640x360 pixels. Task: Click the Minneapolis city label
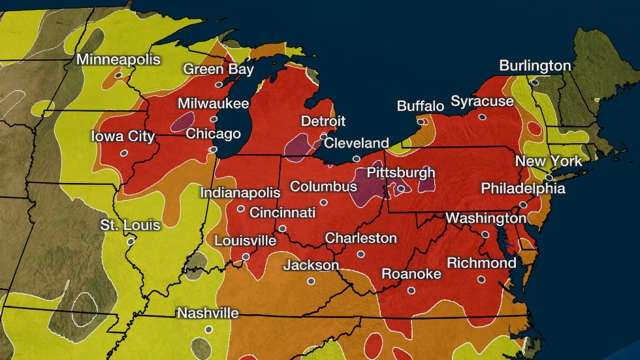click(x=118, y=59)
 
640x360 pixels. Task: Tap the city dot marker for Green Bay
click(x=219, y=84)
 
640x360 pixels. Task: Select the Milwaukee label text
click(x=214, y=104)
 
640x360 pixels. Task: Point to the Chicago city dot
click(x=212, y=150)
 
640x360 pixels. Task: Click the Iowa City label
click(x=123, y=137)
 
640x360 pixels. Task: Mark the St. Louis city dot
click(x=131, y=241)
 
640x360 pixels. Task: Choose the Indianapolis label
click(x=240, y=193)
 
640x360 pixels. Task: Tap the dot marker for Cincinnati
click(x=282, y=229)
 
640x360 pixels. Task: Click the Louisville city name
click(x=245, y=240)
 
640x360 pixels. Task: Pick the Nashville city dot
click(x=208, y=329)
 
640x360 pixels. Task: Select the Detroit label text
click(x=323, y=121)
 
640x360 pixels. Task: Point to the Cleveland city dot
click(x=356, y=159)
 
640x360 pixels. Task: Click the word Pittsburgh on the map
click(x=400, y=172)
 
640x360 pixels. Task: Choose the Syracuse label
click(x=482, y=101)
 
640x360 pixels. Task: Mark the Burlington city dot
click(x=534, y=82)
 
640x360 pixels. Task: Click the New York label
click(x=548, y=161)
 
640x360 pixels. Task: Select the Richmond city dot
click(x=481, y=279)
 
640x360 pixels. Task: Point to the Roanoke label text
click(x=411, y=274)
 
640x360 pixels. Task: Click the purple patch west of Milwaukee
click(x=183, y=120)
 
